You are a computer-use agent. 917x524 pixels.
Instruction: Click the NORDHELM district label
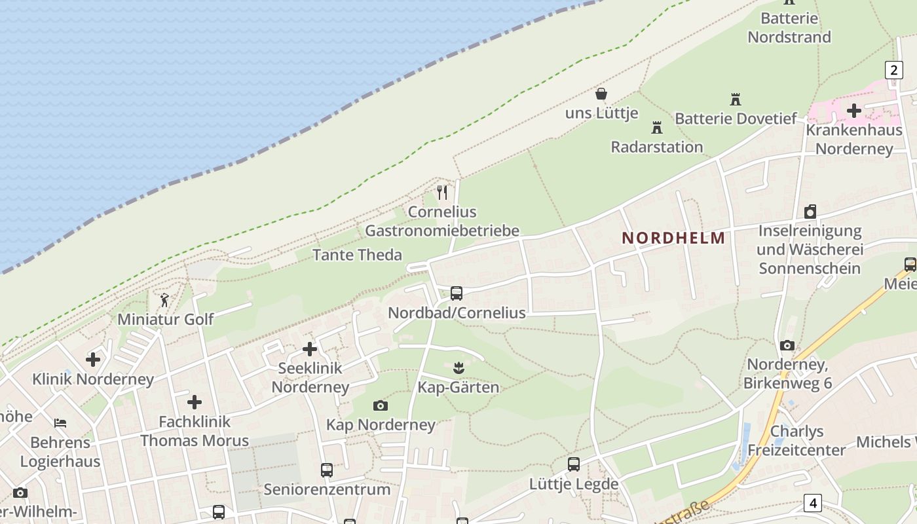tap(673, 238)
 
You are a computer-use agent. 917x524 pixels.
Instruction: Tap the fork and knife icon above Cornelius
tap(442, 193)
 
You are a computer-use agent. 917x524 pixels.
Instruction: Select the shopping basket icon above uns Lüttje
tap(601, 94)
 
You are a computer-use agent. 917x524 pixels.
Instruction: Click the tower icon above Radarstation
tap(657, 128)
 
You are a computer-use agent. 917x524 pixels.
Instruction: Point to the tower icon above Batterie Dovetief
tap(736, 100)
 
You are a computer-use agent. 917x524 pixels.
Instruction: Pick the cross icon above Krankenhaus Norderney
tap(853, 111)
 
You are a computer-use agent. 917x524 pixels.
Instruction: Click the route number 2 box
tap(893, 69)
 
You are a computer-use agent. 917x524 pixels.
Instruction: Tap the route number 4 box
tap(813, 503)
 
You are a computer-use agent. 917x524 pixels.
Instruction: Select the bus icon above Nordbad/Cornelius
tap(457, 293)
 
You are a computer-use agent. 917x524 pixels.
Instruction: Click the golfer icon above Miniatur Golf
tap(164, 301)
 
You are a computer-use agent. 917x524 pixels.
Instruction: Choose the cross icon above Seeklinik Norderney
tap(310, 349)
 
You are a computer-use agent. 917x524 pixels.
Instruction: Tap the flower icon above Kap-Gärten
tap(458, 368)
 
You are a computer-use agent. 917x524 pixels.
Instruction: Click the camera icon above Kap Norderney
tap(380, 406)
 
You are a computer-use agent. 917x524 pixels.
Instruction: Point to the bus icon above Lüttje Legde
tap(574, 464)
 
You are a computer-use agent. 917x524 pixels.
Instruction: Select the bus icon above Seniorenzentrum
tap(327, 470)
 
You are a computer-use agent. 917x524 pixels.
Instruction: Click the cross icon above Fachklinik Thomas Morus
tap(195, 402)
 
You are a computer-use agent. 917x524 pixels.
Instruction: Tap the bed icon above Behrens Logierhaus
tap(60, 423)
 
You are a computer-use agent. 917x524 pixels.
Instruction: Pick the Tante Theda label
tap(357, 255)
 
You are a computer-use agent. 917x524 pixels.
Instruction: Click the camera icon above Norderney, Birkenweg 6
tap(787, 345)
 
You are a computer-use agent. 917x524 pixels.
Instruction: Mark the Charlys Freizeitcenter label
tap(796, 441)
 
